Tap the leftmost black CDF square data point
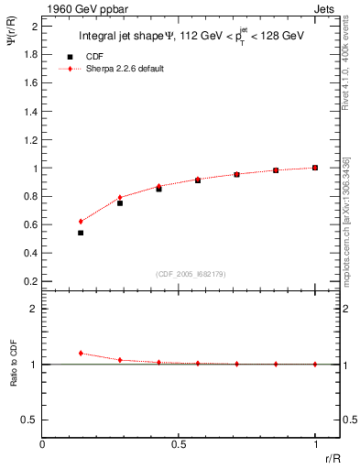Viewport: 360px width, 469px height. pos(81,233)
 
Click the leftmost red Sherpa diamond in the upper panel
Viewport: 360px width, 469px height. pos(81,222)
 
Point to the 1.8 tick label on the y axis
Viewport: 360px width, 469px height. pos(30,54)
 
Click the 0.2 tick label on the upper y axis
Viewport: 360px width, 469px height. pos(30,279)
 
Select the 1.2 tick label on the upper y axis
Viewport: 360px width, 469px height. pos(30,139)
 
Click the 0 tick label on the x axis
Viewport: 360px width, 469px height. pos(42,444)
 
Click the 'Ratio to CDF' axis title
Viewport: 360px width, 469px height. pos(14,380)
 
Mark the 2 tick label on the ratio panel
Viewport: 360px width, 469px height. pos(33,309)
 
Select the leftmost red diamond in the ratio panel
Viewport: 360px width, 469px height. pos(81,353)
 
